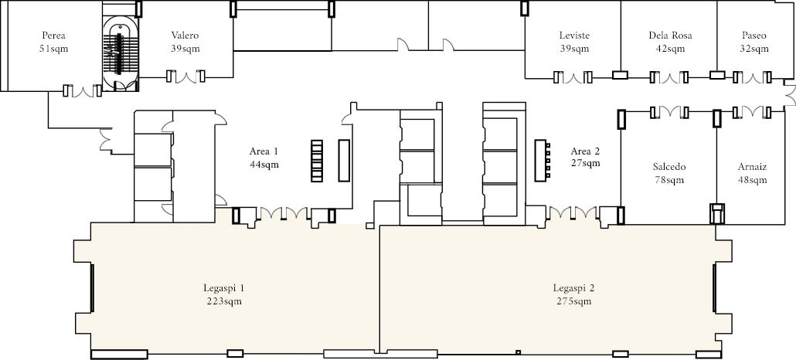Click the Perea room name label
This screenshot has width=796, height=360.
[54, 36]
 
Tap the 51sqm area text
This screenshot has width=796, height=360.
[53, 49]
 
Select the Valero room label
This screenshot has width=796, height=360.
[185, 36]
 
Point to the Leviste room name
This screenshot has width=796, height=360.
[575, 36]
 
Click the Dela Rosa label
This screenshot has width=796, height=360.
[670, 36]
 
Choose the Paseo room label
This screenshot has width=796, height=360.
[753, 36]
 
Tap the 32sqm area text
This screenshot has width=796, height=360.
[753, 49]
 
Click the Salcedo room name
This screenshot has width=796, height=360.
[669, 167]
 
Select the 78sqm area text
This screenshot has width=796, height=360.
[669, 180]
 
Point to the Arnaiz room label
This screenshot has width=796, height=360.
[753, 167]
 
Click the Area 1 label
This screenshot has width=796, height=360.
[264, 151]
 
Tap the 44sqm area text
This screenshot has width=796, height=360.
[264, 165]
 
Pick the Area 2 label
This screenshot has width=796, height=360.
[585, 151]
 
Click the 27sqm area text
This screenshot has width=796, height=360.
[585, 163]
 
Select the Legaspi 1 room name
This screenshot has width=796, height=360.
[224, 288]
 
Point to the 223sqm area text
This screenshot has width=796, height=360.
[224, 301]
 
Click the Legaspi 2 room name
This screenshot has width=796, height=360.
[573, 288]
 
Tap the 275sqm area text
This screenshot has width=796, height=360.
[573, 301]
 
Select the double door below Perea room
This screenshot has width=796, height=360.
[82, 91]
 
